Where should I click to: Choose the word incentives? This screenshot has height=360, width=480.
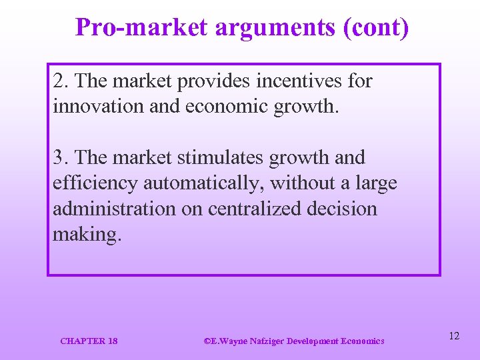coord(305,81)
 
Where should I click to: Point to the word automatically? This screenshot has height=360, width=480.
coord(203,183)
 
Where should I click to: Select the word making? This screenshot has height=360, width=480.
coord(87,235)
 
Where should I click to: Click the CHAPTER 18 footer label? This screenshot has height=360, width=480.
coord(89,341)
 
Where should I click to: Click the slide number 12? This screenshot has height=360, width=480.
coord(454,336)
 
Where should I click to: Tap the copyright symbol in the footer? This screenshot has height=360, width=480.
coord(206,341)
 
